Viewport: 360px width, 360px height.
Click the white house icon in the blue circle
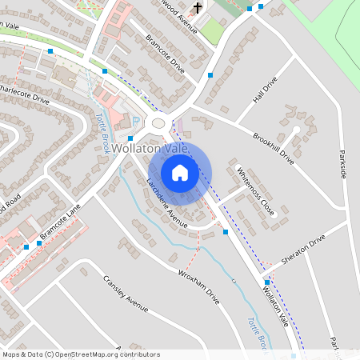point(180,172)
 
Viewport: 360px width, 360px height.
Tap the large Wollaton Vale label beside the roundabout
point(150,149)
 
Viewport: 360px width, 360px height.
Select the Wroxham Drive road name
point(198,286)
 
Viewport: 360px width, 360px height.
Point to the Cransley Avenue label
point(126,293)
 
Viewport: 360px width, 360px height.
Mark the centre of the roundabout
point(158,123)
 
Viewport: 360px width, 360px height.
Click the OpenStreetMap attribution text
point(81,354)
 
